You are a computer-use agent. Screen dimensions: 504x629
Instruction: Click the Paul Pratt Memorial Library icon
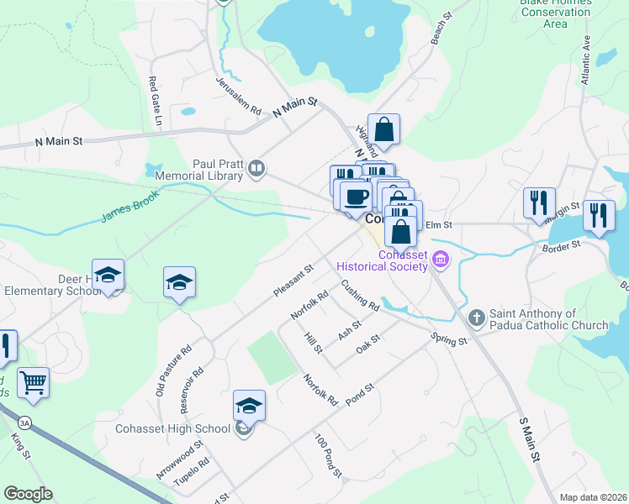tap(256, 171)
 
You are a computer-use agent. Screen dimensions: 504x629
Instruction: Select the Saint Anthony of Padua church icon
tap(477, 318)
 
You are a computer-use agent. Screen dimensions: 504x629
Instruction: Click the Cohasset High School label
tap(172, 428)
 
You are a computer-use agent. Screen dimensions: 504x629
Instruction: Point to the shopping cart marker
tap(33, 382)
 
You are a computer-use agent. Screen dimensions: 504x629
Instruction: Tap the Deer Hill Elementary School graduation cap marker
tap(108, 276)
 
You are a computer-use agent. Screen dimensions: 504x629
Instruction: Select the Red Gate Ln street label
tap(154, 102)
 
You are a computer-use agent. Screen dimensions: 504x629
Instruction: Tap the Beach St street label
tap(442, 33)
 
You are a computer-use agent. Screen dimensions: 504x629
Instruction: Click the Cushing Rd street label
tap(360, 296)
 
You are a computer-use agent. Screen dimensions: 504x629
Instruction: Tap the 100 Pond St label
tap(328, 456)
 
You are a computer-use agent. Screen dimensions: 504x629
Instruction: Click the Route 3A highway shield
tap(25, 420)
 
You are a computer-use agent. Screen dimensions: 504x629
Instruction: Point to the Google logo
tap(29, 494)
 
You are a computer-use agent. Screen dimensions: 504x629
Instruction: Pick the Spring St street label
tap(448, 340)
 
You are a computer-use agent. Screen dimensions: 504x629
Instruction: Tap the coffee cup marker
tap(355, 196)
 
